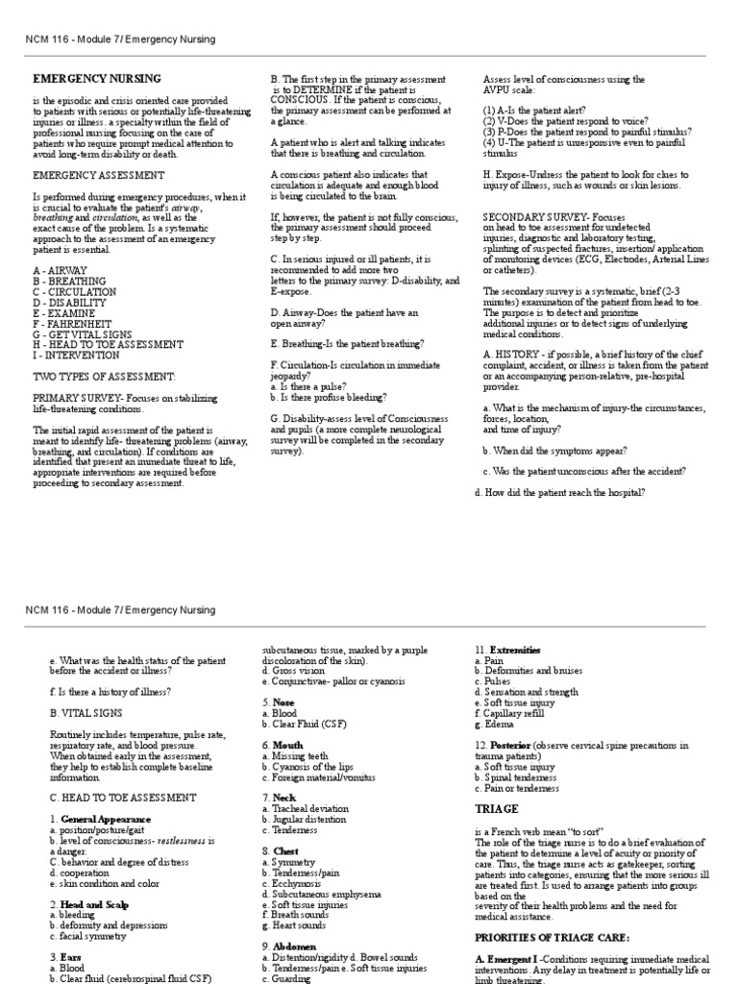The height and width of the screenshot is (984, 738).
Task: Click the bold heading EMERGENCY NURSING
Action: [97, 79]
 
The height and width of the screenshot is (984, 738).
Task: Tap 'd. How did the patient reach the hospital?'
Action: [560, 493]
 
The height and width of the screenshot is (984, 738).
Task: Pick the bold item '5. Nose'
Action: [279, 702]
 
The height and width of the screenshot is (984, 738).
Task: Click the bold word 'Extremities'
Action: [515, 651]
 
